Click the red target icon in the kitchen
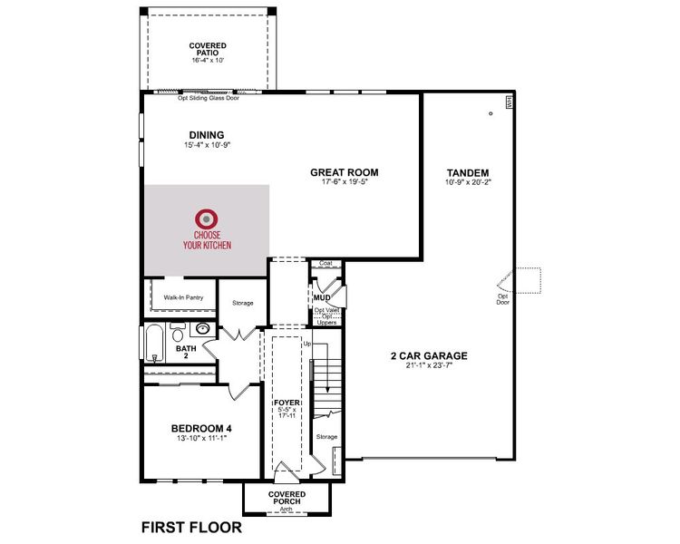(207, 219)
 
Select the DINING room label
(207, 136)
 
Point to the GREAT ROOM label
(344, 172)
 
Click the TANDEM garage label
(468, 172)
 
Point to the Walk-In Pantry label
(183, 296)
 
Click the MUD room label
(321, 297)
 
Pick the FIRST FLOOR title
(190, 527)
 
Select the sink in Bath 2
(203, 330)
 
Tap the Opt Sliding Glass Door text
(209, 98)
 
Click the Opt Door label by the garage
(502, 298)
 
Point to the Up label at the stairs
(306, 345)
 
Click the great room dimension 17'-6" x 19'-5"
(344, 182)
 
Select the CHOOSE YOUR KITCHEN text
(207, 239)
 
